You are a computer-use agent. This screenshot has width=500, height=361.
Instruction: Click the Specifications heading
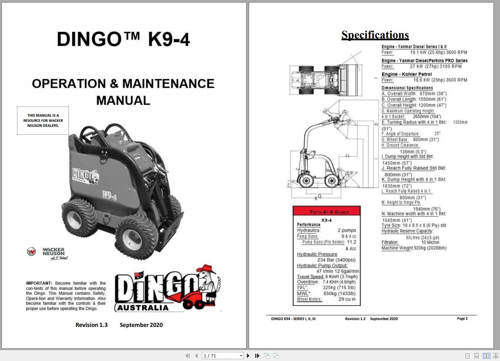[375, 35]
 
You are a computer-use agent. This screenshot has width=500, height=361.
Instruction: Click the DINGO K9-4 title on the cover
[123, 39]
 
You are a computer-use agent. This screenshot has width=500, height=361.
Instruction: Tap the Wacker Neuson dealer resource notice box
[43, 121]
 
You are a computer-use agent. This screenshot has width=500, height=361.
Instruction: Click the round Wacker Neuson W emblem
[31, 252]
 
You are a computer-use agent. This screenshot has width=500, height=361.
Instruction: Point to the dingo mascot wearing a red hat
[208, 286]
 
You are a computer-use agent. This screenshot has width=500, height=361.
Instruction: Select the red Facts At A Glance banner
[327, 211]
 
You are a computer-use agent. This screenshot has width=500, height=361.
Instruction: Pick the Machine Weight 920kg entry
[414, 248]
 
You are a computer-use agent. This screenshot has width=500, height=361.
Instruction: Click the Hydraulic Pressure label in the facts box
[317, 254]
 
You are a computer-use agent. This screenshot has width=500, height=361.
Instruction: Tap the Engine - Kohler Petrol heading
[406, 74]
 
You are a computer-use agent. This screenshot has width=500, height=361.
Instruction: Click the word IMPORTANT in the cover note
[39, 283]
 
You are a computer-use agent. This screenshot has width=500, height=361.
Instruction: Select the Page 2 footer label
[462, 319]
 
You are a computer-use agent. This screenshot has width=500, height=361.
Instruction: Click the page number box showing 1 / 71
[222, 356]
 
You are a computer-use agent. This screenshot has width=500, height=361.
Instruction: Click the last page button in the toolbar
[257, 356]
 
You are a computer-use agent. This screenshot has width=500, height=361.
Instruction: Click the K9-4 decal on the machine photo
[109, 196]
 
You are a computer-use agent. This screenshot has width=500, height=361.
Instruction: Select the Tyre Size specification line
[414, 225]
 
